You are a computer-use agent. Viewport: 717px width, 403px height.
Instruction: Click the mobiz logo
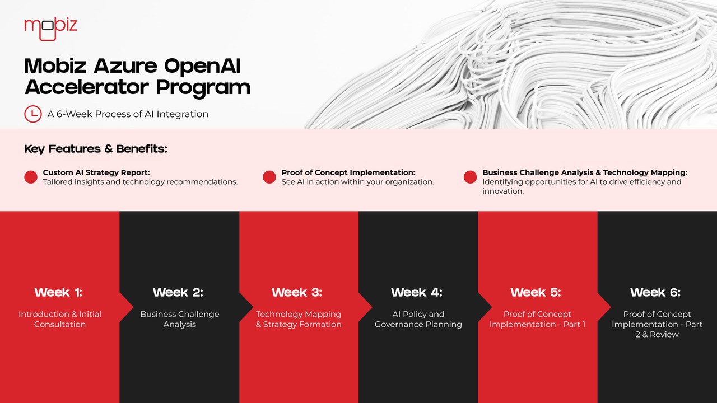point(50,29)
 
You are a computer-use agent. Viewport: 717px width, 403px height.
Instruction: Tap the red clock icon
point(32,114)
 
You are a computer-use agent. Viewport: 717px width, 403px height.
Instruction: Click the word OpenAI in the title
point(202,66)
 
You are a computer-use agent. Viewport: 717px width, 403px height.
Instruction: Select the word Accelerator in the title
point(87,87)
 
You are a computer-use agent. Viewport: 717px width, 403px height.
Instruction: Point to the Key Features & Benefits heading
point(96,149)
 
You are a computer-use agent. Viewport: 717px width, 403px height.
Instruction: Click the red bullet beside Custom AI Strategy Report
point(31,177)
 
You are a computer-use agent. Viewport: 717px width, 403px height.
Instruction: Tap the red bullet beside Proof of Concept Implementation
point(269,177)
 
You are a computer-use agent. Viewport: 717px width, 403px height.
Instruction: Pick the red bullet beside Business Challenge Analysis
point(470,177)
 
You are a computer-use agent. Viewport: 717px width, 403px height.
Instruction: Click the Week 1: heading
point(58,292)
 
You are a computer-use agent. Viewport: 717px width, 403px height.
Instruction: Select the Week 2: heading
point(178,292)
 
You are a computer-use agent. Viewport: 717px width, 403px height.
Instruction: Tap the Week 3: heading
point(297,292)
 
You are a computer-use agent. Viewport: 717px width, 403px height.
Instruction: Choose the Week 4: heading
point(417,292)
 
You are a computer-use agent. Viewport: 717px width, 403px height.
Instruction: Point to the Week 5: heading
point(536,292)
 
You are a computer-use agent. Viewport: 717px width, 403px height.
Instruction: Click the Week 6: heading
point(655,292)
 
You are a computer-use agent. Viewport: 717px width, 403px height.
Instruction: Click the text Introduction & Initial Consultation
point(60,319)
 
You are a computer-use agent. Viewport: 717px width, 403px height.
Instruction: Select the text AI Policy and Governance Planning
point(418,319)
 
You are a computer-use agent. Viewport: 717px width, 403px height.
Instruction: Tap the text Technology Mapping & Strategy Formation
point(299,319)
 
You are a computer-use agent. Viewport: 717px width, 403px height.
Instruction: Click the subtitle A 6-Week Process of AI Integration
point(128,114)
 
